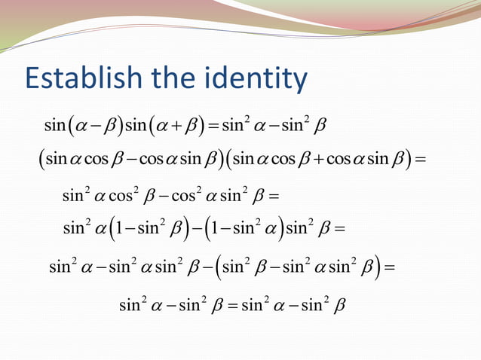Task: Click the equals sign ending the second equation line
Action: [x=420, y=160]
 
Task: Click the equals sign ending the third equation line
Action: [x=273, y=197]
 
